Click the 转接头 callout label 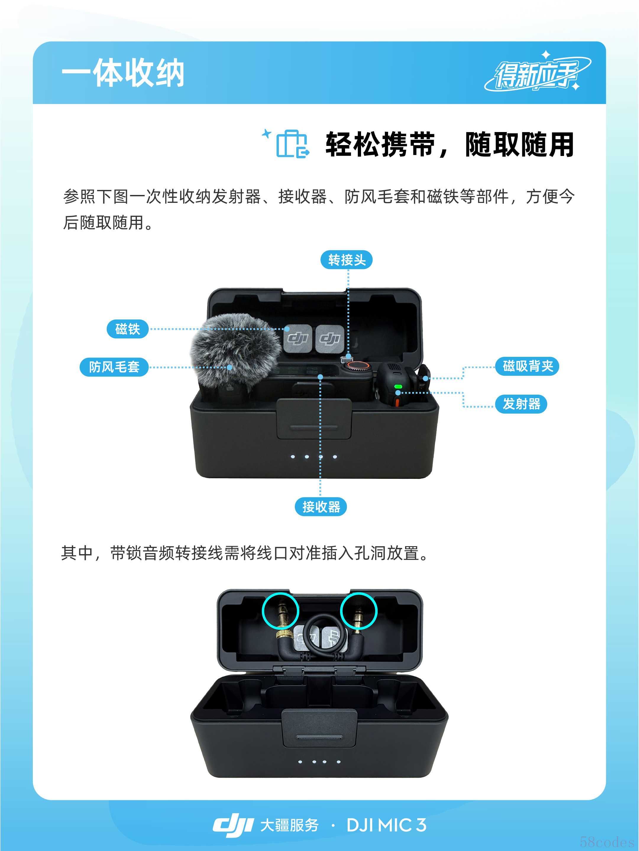[346, 260]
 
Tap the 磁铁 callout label [127, 329]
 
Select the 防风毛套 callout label [114, 367]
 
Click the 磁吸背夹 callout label [527, 366]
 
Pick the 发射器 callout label [521, 404]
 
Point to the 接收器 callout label [321, 507]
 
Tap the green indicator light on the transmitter [398, 387]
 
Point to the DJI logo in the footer [233, 824]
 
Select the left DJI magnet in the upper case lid [298, 338]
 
